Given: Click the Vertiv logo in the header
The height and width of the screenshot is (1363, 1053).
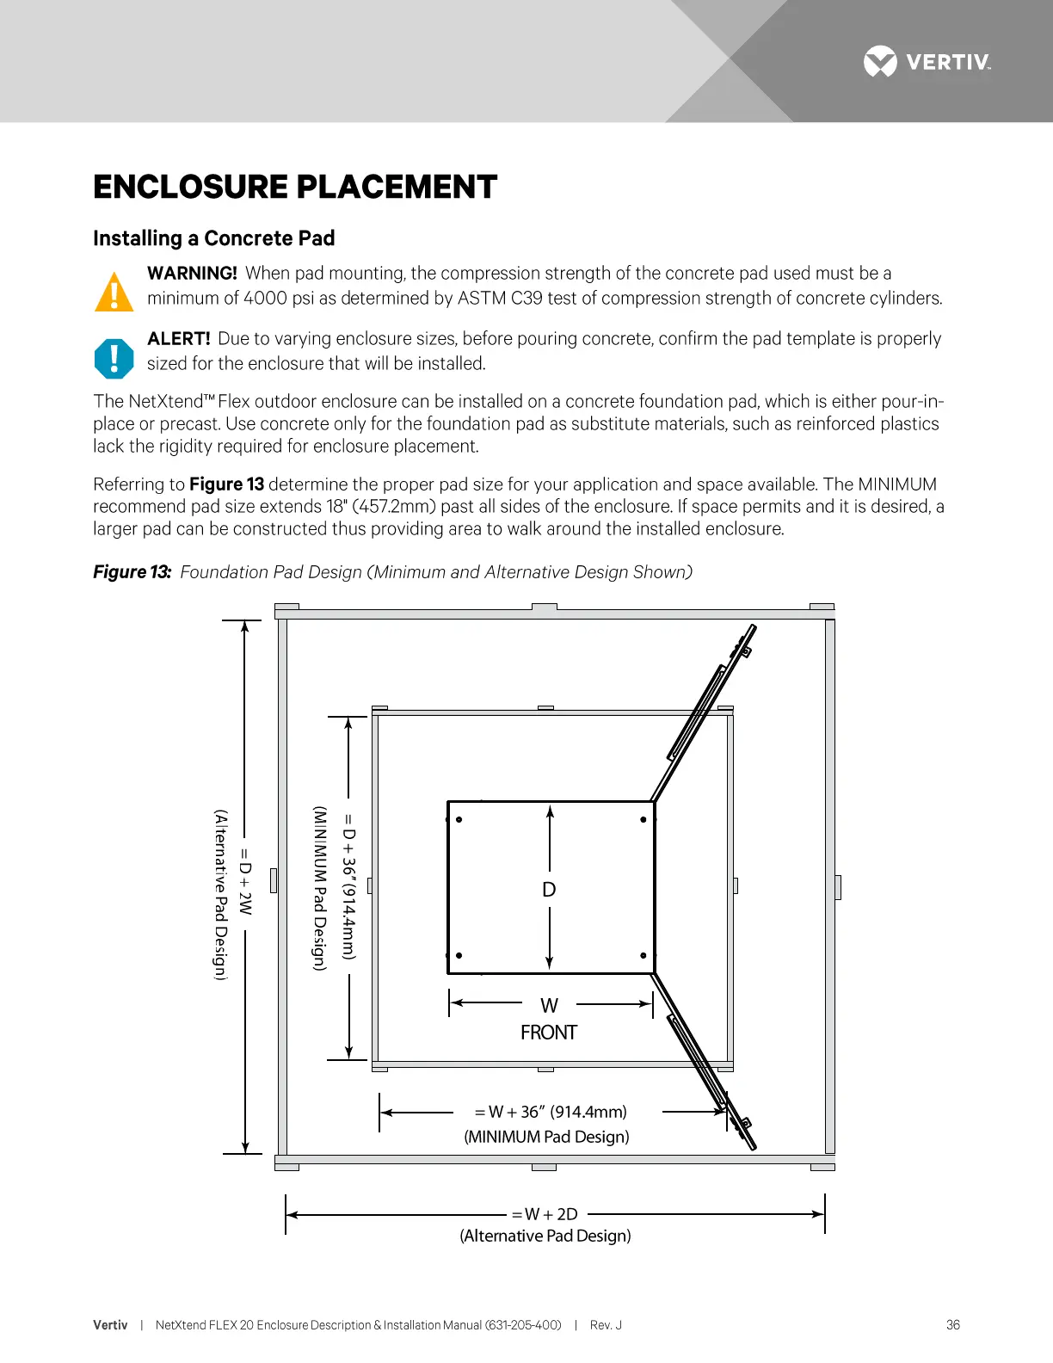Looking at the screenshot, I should coord(927,62).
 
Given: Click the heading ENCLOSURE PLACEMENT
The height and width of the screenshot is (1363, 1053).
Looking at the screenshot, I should coord(295,187).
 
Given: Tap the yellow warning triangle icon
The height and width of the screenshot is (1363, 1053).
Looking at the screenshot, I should coord(114,292).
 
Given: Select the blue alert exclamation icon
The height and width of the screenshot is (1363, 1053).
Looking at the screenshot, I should coord(114,358).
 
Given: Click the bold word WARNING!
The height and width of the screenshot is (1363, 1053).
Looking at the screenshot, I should coord(192,274).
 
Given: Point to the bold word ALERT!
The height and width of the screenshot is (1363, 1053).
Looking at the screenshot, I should coord(178,339).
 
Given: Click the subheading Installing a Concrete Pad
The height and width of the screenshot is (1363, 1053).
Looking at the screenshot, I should coord(213,238).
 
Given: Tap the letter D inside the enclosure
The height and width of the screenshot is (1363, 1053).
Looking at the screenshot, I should coord(549,890).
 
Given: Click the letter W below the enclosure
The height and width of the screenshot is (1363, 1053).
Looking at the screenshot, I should coord(549,1006).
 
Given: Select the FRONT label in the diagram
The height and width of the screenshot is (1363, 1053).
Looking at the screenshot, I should coord(549,1033).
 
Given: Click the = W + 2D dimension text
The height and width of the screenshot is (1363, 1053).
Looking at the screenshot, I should coord(545,1214).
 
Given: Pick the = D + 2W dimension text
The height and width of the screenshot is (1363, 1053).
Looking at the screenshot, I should coord(245,881).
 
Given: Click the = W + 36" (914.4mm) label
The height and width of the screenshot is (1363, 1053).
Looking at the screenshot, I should coord(551,1112).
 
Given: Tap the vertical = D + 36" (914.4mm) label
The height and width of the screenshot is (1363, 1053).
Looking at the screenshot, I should coord(348,886).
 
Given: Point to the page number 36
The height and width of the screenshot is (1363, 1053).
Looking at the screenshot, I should coord(952,1325).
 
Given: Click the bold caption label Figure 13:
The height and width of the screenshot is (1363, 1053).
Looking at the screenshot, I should coord(132,572).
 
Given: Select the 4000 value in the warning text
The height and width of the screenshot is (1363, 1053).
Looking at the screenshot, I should coord(265,299).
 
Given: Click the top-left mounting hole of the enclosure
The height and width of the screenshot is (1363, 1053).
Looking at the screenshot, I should coord(459,819).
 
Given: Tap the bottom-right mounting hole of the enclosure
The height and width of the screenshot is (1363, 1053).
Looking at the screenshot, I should coord(643,955).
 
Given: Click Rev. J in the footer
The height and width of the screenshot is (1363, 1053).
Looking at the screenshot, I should coord(606,1325).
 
